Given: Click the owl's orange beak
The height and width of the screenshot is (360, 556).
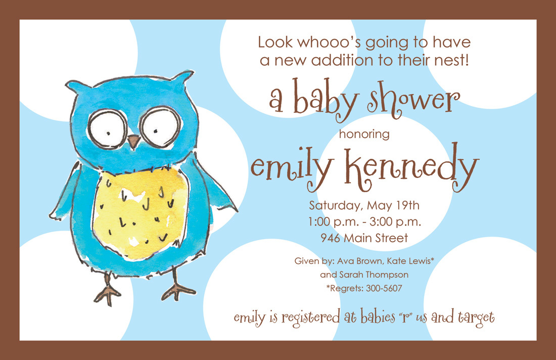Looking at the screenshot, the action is tap(133, 141).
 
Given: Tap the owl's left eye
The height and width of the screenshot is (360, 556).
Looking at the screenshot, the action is tap(107, 129).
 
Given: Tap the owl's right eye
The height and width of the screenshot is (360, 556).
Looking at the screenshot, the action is tap(160, 127).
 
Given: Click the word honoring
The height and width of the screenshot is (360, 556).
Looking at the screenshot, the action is tap(364, 134).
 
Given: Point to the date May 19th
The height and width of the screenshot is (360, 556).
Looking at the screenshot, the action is tap(393, 205).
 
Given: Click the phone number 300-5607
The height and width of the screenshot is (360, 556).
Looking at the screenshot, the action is tap(384, 288).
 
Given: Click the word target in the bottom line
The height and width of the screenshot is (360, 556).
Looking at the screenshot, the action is tap(476, 318).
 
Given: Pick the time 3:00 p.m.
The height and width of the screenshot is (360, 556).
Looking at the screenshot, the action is tap(395, 221).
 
